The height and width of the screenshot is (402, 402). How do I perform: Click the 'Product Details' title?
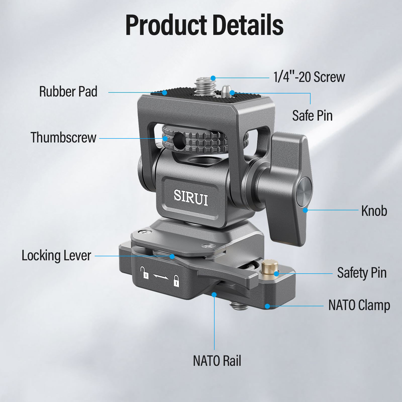coord(204,25)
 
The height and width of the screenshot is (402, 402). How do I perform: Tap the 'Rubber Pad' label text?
coord(68,91)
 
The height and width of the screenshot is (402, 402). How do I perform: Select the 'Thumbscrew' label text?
coord(63,137)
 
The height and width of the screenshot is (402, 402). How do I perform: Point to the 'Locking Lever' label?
coord(56,256)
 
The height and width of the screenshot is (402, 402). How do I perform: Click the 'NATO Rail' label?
coord(217,361)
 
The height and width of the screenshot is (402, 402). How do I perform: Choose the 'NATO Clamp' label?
coord(359,306)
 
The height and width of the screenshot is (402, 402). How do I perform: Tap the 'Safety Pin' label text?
coord(362,273)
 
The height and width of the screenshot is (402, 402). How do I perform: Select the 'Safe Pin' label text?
coord(312,116)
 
